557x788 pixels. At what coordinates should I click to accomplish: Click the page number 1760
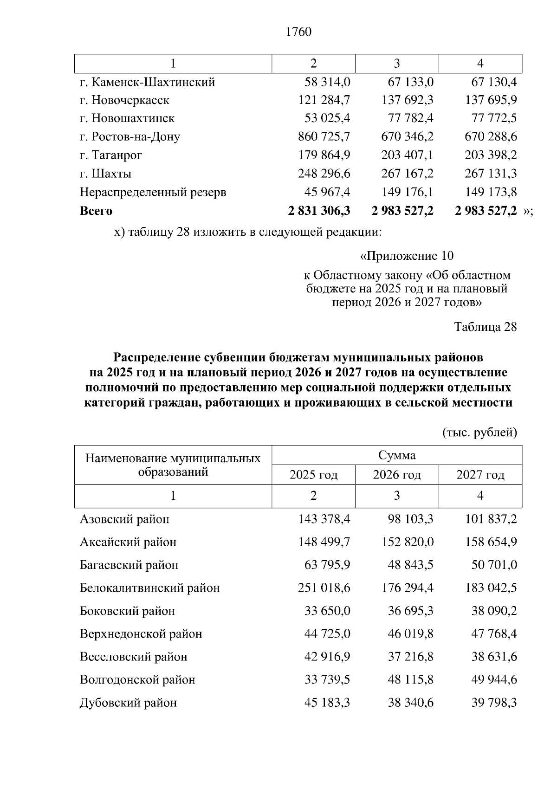coord(298,32)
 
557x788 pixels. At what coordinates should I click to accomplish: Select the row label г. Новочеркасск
coord(124,100)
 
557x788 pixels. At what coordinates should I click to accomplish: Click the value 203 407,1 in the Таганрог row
coord(407,155)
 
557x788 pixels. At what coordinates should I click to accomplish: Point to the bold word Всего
coord(96,211)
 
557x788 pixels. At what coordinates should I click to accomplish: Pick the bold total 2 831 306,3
coord(319,211)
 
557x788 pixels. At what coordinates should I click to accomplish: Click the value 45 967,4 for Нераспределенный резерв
coord(327,192)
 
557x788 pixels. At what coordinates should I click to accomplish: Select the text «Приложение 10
coord(407,256)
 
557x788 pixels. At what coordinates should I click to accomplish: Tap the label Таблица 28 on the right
coord(485,327)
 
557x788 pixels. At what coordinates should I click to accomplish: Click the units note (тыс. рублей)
coord(479,433)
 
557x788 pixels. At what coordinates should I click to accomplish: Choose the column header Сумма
coord(396,455)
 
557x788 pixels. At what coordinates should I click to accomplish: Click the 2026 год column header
coord(396,475)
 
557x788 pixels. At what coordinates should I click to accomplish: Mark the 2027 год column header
coord(480,475)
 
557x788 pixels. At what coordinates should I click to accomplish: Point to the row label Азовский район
coord(124,519)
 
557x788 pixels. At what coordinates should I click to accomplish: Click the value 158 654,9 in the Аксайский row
coord(491,542)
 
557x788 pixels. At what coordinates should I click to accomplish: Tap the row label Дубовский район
coord(128,703)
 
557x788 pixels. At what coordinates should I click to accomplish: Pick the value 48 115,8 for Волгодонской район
coord(410,680)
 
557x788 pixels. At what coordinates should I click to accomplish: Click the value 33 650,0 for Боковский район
coord(327,611)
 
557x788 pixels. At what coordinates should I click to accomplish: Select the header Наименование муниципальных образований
coord(173,465)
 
